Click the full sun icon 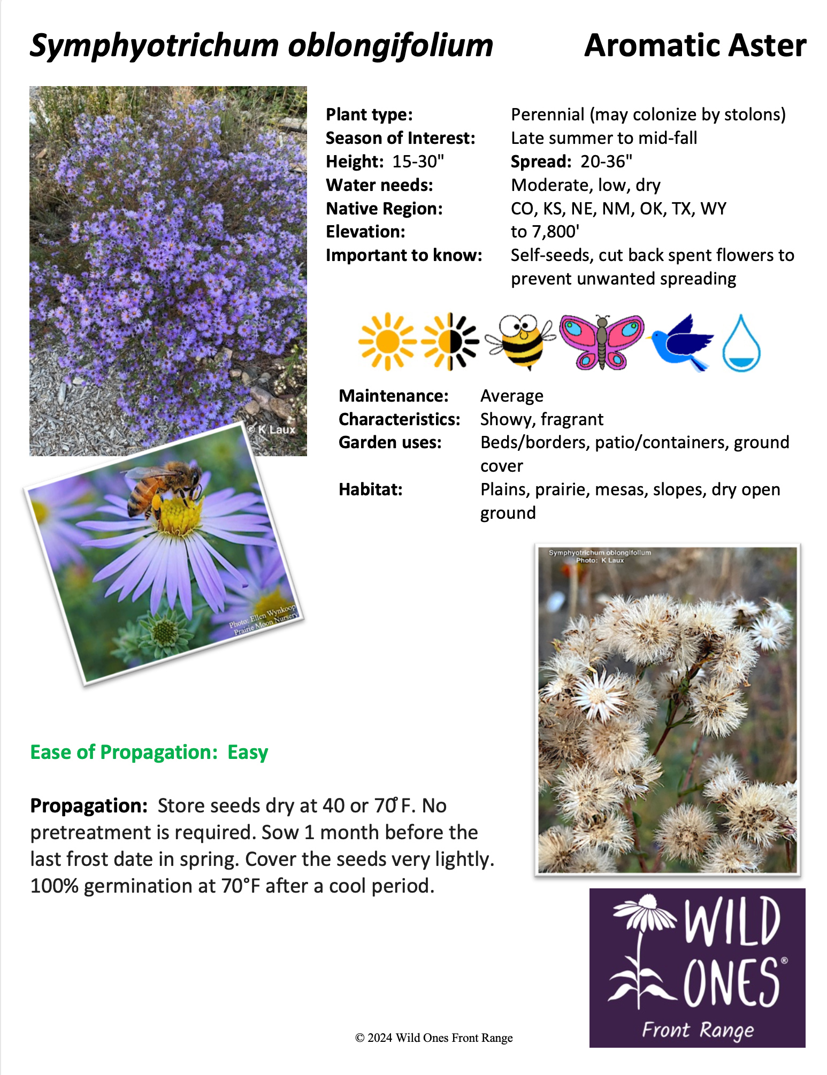[387, 342]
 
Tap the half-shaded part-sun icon [450, 342]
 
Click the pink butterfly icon [602, 342]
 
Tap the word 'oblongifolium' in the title [390, 45]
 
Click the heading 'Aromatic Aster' [695, 45]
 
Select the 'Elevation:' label [365, 232]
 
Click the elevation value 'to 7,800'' [545, 232]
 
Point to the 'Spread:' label [541, 162]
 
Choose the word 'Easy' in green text [248, 752]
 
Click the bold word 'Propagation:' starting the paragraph [89, 805]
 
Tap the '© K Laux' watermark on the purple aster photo [271, 429]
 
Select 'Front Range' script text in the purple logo [698, 1030]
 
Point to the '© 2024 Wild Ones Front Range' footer [434, 1038]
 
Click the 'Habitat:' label [370, 489]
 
